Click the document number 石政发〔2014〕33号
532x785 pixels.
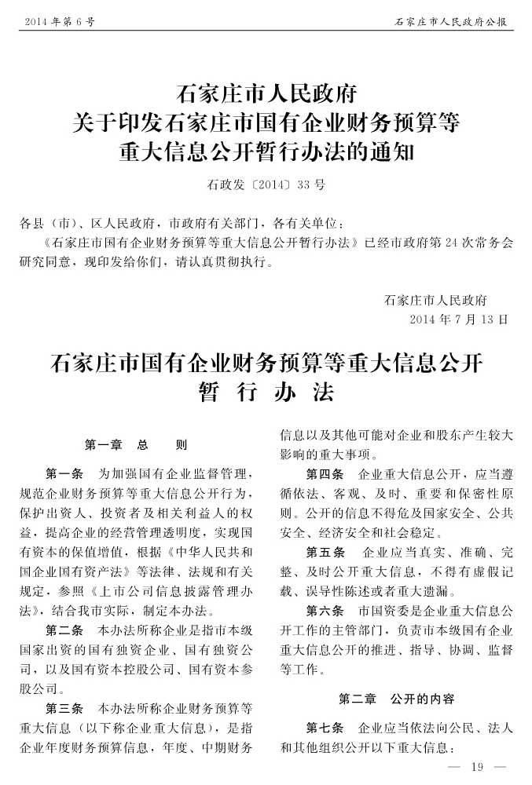266,185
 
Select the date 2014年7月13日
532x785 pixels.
459,319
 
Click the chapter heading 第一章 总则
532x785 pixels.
136,445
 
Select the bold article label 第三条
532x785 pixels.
65,707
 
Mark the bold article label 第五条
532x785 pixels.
325,552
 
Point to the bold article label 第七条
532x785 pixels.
325,727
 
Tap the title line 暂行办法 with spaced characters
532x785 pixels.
266,393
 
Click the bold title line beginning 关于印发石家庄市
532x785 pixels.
266,122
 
